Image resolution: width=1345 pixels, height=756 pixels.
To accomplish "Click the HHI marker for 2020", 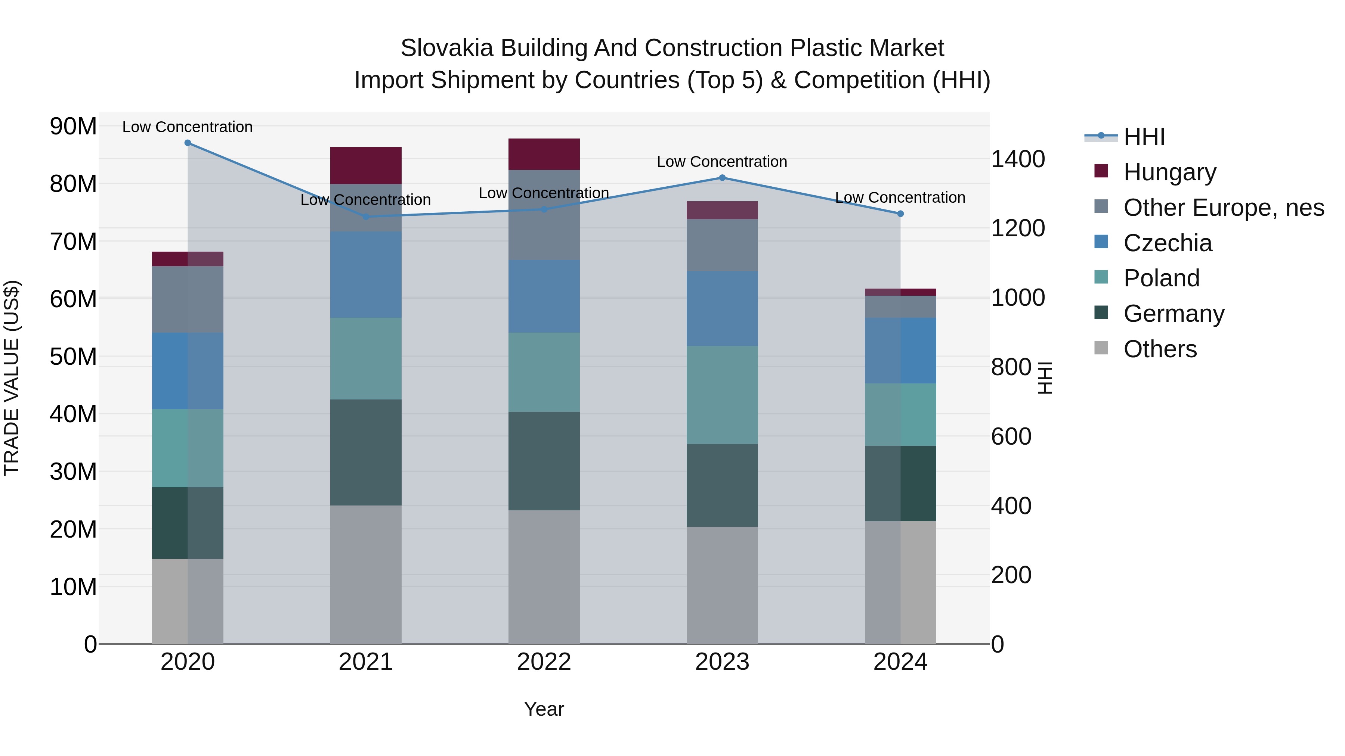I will (188, 143).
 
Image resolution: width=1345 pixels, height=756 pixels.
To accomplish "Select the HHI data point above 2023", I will (722, 178).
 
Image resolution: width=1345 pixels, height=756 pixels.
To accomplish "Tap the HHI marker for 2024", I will (900, 214).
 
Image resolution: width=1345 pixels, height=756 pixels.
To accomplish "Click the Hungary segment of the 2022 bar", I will (544, 155).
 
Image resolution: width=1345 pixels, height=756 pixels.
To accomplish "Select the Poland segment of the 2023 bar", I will (722, 395).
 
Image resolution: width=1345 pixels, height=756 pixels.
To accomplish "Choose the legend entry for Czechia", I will (1168, 243).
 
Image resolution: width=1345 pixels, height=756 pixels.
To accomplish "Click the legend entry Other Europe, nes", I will (1223, 208).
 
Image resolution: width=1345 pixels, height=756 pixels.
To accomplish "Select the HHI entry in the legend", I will (1144, 137).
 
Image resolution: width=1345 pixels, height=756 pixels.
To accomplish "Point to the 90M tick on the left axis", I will (73, 127).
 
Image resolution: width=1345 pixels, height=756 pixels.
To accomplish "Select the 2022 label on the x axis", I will (544, 662).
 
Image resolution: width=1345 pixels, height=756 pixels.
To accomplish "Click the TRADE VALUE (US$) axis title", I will (12, 378).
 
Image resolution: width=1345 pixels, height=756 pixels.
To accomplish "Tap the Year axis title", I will (544, 709).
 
